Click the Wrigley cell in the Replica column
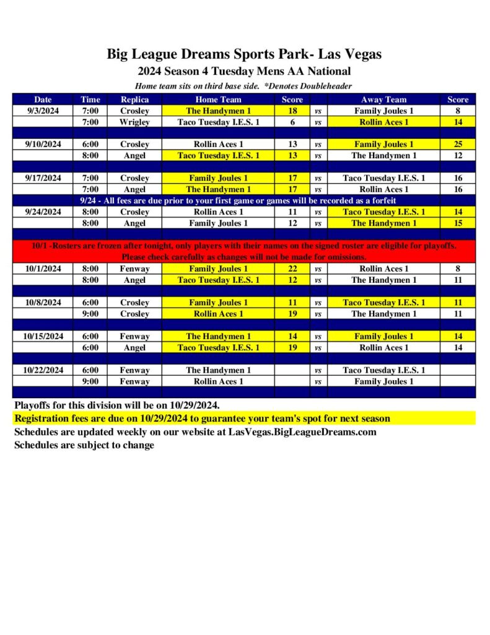(134, 122)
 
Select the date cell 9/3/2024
(43, 111)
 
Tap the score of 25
(458, 144)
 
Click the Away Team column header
(383, 99)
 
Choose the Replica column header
(134, 99)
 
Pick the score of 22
(292, 269)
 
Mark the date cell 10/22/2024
(43, 370)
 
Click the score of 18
(292, 111)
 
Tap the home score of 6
(292, 122)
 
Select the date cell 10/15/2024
(43, 337)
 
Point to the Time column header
(90, 99)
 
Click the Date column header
(43, 99)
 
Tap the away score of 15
(458, 223)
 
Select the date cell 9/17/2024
(43, 178)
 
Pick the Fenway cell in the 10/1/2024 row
(134, 269)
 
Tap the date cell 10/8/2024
(43, 303)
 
